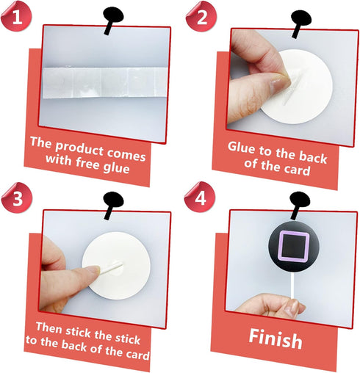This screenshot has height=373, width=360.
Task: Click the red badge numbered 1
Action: coord(16,16)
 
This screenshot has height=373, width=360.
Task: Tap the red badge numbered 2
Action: coord(201,16)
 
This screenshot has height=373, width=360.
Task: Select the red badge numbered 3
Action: coord(17,198)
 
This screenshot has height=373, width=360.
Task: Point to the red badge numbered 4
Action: coord(200,197)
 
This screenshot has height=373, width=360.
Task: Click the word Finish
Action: coord(276,339)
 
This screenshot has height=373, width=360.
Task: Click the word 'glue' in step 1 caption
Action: coord(116,168)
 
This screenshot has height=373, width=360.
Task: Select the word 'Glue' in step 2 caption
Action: coord(242,148)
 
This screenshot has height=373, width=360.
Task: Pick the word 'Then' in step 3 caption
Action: coord(48,327)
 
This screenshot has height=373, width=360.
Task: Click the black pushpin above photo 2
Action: coord(300,23)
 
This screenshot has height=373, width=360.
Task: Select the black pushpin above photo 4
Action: coord(299,205)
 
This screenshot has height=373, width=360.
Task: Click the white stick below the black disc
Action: coord(293,286)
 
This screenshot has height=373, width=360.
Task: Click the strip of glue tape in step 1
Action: coord(105,83)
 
